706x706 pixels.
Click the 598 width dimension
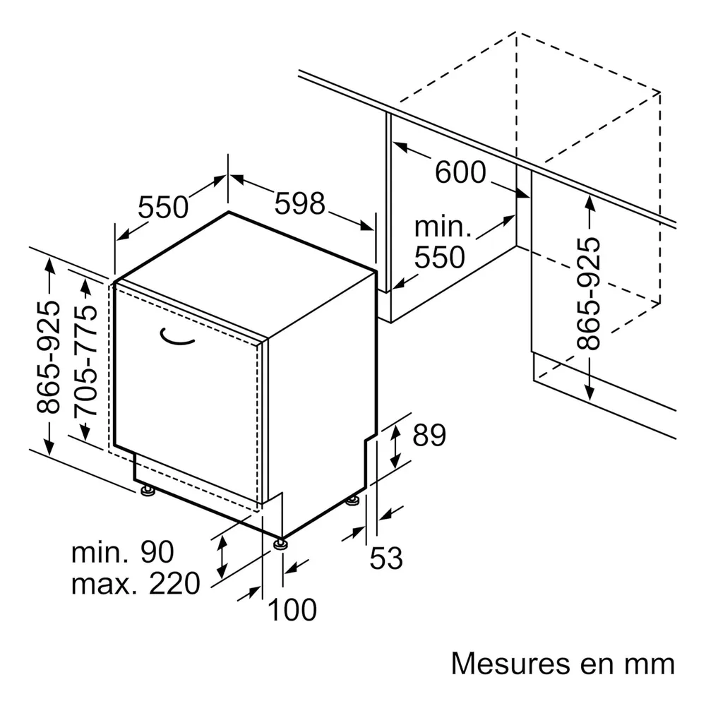300,203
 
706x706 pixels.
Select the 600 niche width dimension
460,172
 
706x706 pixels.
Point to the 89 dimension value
429,435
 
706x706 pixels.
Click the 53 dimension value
386,558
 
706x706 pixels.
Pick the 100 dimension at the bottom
292,610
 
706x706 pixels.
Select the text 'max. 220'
136,584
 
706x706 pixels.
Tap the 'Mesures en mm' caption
563,664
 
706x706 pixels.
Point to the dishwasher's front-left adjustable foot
148,491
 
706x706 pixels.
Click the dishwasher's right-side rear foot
352,501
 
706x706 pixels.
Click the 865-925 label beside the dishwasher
48,357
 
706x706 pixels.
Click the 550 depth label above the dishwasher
163,207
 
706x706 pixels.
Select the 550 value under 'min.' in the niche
439,257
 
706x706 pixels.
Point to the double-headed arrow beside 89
395,446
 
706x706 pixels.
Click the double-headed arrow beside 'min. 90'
222,558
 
